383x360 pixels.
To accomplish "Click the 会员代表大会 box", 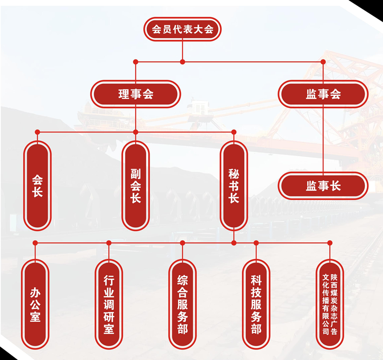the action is [182, 29].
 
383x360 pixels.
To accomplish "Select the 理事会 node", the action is [135, 94].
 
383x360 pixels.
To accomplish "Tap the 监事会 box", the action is [323, 94].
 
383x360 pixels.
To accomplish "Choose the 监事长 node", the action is [323, 186].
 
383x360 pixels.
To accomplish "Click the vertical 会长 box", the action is [37, 186].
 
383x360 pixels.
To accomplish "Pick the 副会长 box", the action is [135, 186].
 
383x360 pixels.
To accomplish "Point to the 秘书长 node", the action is [234, 186].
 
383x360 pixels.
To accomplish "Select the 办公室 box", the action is [35, 304].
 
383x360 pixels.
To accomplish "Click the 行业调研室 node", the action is [109, 304].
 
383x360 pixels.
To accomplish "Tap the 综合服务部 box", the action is [182, 304].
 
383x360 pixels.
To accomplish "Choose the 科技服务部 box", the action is [256, 304].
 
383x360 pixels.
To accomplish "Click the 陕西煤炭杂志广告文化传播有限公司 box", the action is [330, 304].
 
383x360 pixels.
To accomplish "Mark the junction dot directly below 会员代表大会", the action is [182, 62].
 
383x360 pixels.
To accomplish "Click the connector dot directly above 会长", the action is [37, 132].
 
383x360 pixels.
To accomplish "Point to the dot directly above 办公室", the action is [35, 243].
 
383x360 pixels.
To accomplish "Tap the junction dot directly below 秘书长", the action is [234, 243].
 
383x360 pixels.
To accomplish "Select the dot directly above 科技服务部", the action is [256, 243].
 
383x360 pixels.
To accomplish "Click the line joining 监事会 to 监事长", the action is [323, 140].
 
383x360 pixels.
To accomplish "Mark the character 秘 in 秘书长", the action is [234, 174].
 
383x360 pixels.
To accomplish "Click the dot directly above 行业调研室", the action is [109, 243].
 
